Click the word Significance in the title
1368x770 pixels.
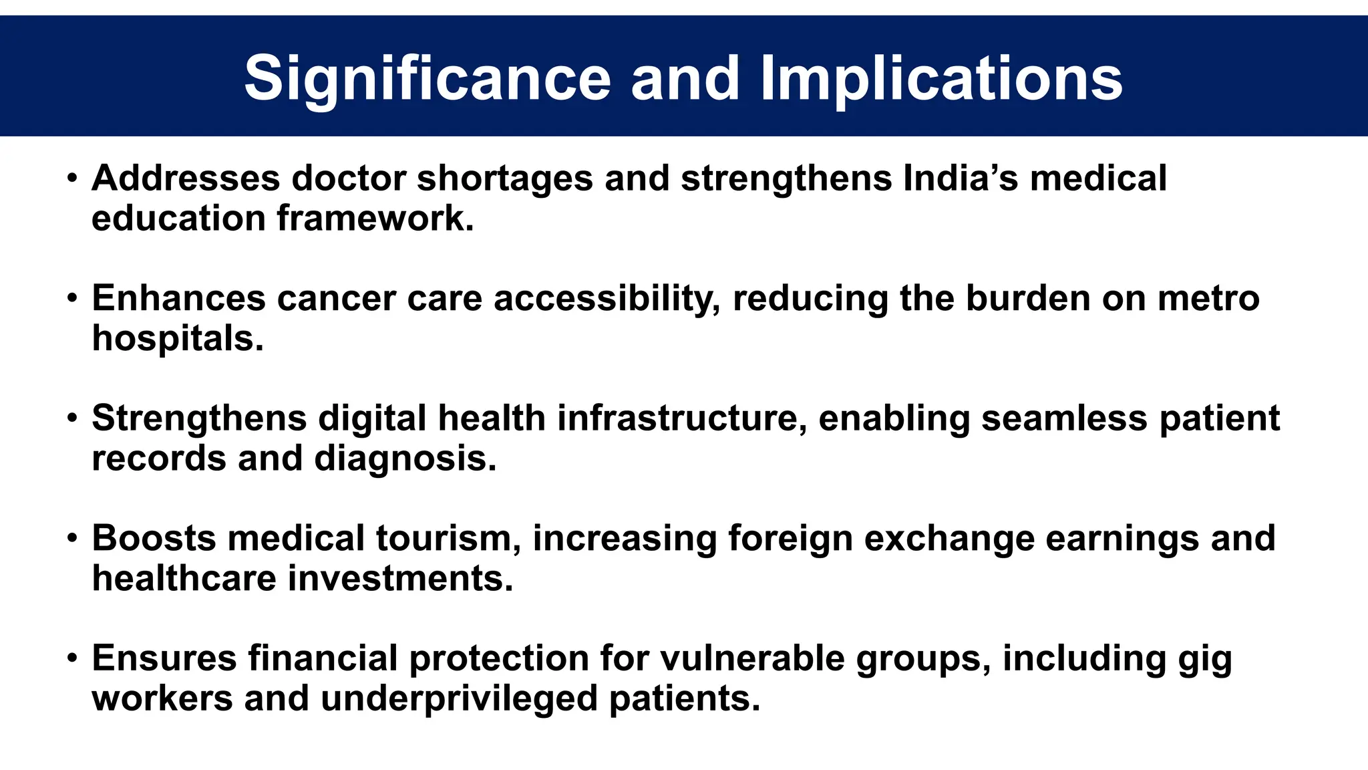pyautogui.click(x=427, y=79)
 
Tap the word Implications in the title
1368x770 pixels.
pyautogui.click(x=941, y=79)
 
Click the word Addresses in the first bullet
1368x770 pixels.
pyautogui.click(x=186, y=178)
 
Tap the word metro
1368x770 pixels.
pyautogui.click(x=1208, y=298)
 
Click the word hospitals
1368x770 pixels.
pyautogui.click(x=178, y=338)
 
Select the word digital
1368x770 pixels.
pyautogui.click(x=372, y=418)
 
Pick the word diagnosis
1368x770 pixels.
pyautogui.click(x=405, y=459)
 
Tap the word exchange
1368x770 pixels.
pyautogui.click(x=949, y=538)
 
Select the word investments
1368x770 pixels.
pyautogui.click(x=401, y=578)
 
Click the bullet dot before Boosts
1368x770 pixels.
pyautogui.click(x=72, y=539)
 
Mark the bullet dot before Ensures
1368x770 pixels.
pyautogui.click(x=72, y=659)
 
